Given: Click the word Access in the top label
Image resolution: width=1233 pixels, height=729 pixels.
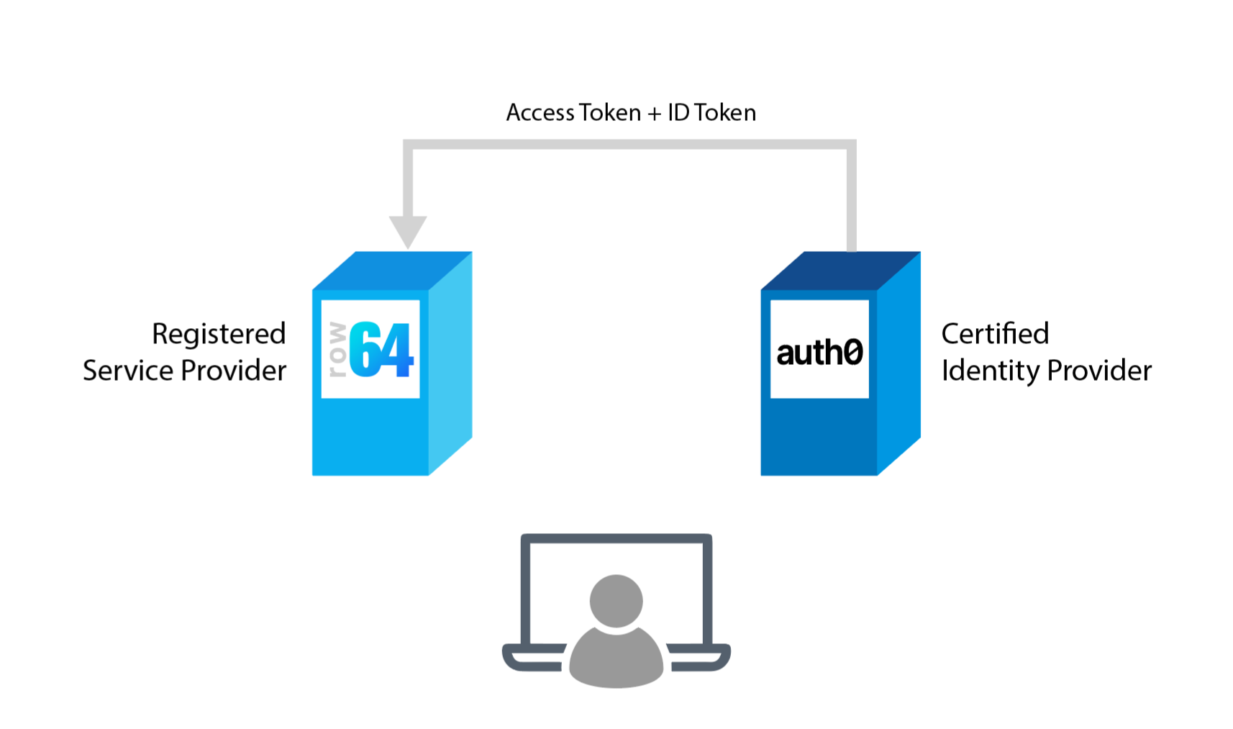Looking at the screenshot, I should pos(540,113).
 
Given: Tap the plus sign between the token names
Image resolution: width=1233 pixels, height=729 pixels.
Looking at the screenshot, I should pos(654,114).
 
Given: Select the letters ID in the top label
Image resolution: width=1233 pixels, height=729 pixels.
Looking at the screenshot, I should pos(678,113).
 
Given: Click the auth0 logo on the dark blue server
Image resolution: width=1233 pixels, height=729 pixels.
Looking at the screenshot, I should pos(819,353).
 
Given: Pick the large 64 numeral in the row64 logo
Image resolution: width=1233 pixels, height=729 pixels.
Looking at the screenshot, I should pos(381,350).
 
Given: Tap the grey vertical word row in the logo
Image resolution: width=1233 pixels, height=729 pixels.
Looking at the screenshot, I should pos(337,350).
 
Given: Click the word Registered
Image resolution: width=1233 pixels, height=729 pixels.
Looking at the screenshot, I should pos(219,335).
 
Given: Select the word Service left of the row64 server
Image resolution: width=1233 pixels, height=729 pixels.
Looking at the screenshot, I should pos(128,371).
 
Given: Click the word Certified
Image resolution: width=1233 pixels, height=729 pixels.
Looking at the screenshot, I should pos(995,334).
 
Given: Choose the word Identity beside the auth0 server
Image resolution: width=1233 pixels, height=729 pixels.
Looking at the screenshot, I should pos(991,371).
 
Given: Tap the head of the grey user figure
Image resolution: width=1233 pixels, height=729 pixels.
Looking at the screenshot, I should pos(616,600).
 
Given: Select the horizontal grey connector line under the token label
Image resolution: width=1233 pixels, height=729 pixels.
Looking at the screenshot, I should pos(629,145).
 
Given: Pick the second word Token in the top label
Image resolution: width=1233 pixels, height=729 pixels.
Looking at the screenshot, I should pos(724,113).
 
